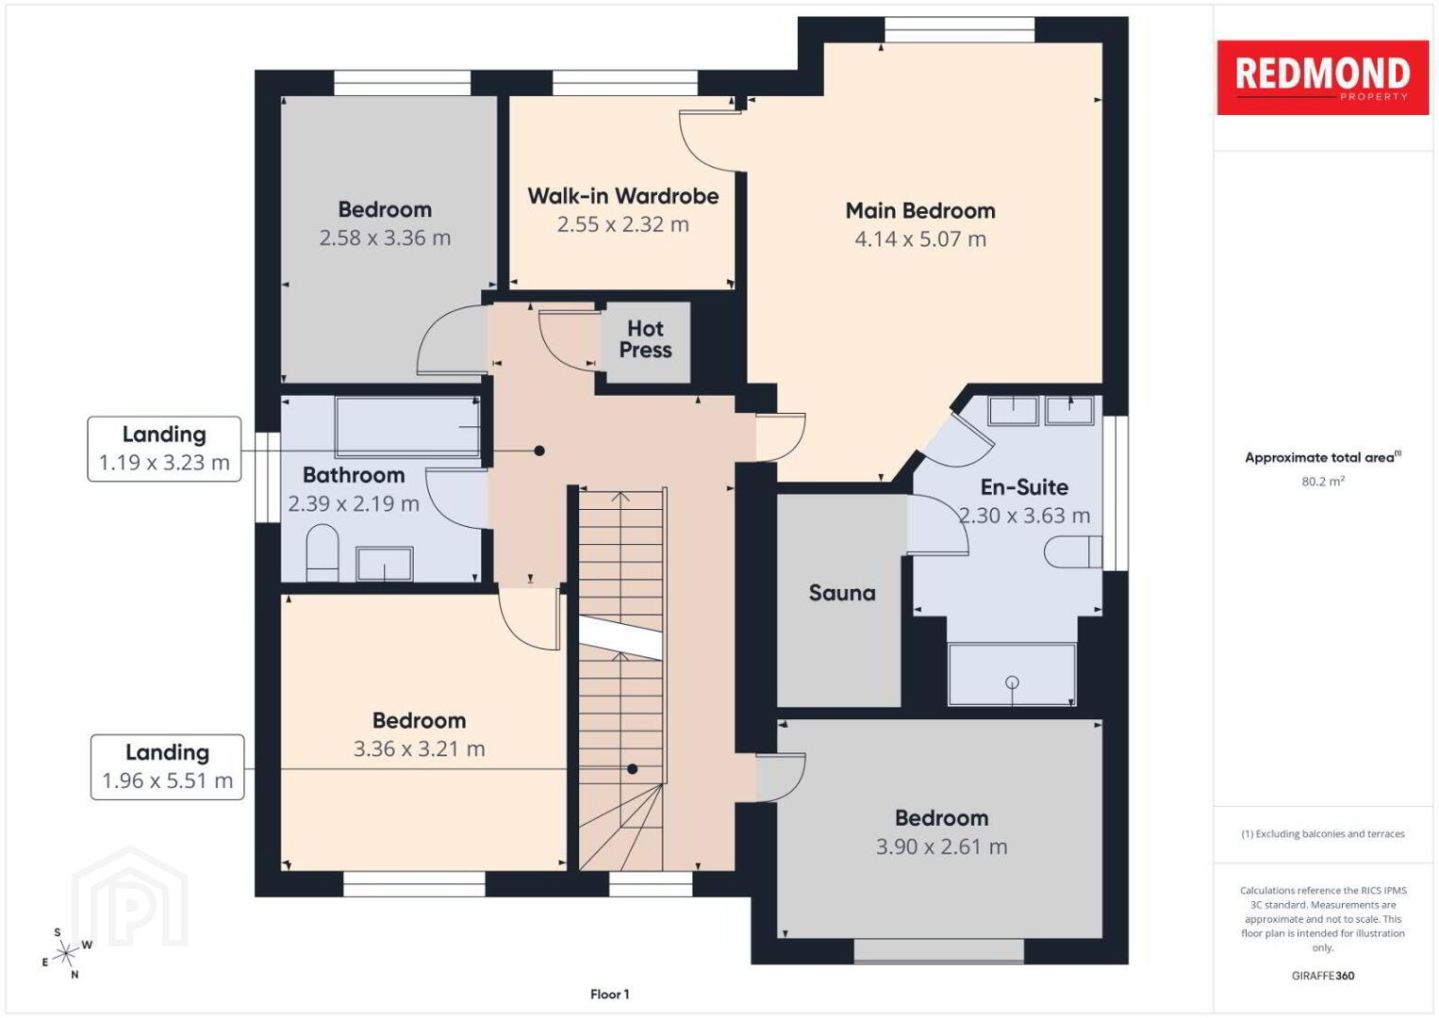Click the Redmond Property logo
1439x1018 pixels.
tap(1323, 77)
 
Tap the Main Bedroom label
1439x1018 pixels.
tap(920, 210)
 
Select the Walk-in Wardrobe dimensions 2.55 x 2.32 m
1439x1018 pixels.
tap(622, 224)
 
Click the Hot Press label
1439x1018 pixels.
tap(645, 339)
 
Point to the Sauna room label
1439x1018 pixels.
tap(841, 592)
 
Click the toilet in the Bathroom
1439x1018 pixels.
tap(323, 552)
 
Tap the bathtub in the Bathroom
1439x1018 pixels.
tap(407, 426)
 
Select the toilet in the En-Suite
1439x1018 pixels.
tap(1073, 551)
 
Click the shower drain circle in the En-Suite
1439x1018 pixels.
tap(1012, 682)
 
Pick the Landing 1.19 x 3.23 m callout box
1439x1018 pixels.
tap(164, 449)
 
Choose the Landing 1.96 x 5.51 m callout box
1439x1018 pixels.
tap(167, 767)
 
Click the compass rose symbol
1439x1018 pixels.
tap(65, 953)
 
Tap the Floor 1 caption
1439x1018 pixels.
tap(610, 994)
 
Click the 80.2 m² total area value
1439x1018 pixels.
tap(1323, 481)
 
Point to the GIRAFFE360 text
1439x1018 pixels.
tap(1323, 976)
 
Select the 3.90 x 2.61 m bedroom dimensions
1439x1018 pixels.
tap(941, 846)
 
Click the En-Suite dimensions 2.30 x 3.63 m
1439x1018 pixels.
tap(1024, 515)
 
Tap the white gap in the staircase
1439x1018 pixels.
tap(620, 638)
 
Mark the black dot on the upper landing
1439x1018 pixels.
tap(539, 451)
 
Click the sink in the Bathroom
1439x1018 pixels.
tap(384, 564)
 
